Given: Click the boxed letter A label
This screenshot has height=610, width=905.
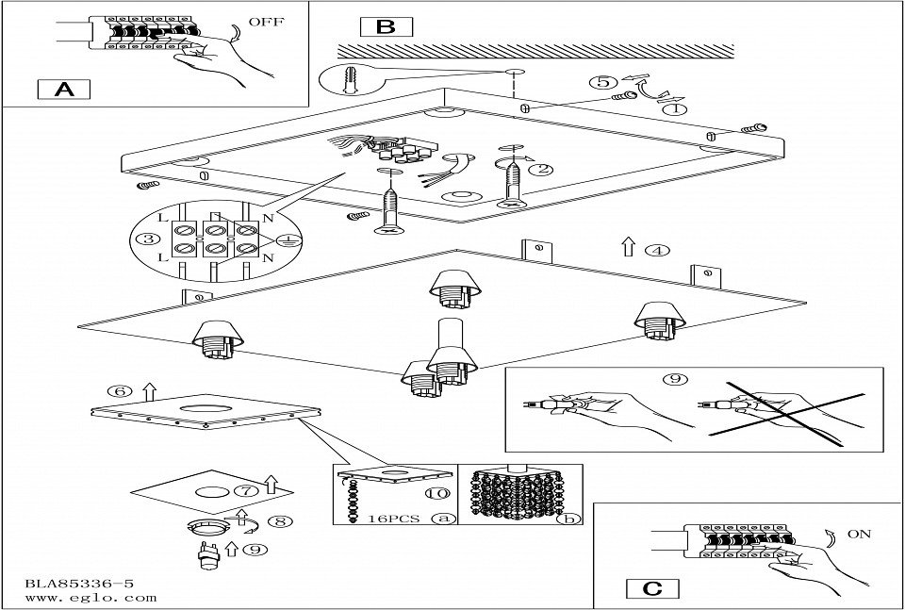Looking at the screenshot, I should pos(63,90).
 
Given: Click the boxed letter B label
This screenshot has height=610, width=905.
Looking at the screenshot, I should pos(386,26).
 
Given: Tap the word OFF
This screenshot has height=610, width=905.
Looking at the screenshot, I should pos(267,20).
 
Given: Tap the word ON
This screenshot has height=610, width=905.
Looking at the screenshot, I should pos(859,534).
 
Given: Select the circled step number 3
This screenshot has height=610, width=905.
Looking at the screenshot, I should pos(147,239).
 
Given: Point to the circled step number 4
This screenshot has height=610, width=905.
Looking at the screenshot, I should pos(657,251).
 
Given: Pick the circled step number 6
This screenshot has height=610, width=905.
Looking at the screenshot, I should pos(118,391).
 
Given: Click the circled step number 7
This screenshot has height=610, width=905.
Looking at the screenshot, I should pos(244,490).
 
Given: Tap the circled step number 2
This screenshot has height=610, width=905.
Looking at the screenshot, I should pos(540,171).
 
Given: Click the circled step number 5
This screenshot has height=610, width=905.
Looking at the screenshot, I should pos(601,83).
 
